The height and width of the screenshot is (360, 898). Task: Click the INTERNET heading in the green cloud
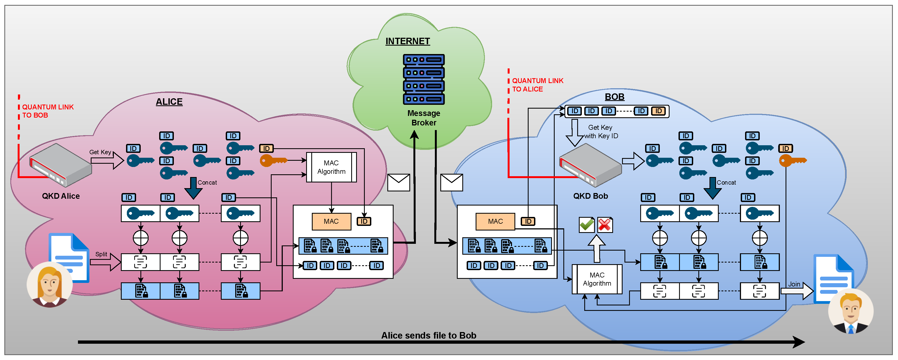(x=407, y=41)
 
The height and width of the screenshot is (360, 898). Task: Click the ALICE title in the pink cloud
(x=169, y=102)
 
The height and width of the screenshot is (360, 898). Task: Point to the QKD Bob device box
(x=590, y=166)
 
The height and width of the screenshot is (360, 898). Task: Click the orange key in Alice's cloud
(x=273, y=161)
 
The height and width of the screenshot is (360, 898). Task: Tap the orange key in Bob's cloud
(x=792, y=161)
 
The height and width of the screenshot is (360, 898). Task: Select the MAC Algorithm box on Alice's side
(x=331, y=167)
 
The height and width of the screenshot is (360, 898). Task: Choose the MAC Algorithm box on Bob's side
(x=597, y=279)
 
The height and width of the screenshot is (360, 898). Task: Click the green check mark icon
(x=587, y=225)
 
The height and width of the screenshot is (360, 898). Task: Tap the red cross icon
(x=605, y=225)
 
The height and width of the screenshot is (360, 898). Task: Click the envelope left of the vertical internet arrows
(x=398, y=182)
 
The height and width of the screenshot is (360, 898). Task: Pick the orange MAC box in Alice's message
(x=331, y=221)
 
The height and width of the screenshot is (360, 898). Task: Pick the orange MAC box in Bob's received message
(x=495, y=221)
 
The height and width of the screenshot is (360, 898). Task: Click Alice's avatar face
(x=49, y=284)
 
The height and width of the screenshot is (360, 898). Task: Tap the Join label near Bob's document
(x=794, y=284)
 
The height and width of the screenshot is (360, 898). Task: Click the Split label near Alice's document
(x=101, y=254)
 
